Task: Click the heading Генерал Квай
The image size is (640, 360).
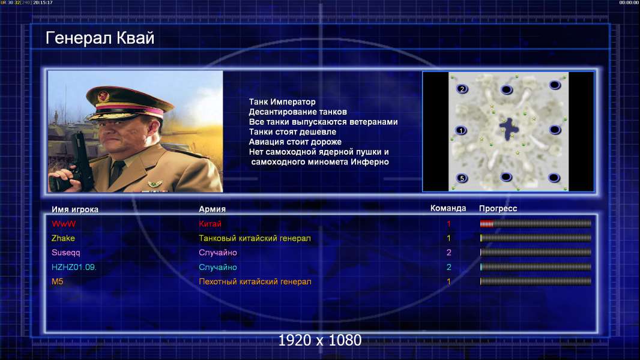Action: [x=100, y=38]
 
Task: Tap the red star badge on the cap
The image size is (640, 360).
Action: [x=103, y=96]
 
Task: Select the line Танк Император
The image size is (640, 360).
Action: [x=282, y=102]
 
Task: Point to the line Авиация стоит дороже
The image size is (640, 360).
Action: [x=295, y=142]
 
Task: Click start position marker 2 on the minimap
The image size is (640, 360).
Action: [x=462, y=89]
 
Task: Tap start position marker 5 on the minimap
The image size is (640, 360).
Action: [x=462, y=178]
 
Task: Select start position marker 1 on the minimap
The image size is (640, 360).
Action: [x=461, y=131]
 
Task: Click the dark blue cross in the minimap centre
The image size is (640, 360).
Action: [x=509, y=128]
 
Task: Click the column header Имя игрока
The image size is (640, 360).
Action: [x=74, y=209]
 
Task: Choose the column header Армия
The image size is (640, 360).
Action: [x=213, y=209]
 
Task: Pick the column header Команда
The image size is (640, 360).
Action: [x=448, y=208]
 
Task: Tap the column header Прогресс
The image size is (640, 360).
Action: [x=498, y=209]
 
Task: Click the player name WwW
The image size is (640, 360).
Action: [x=64, y=224]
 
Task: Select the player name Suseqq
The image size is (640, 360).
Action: [x=65, y=253]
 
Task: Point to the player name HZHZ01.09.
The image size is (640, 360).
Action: [x=74, y=268]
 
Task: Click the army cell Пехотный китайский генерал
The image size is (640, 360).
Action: [x=255, y=282]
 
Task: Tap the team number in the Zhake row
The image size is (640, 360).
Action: [x=448, y=238]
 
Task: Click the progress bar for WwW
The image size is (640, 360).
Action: [x=536, y=223]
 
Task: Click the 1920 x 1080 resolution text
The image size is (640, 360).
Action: [x=320, y=340]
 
